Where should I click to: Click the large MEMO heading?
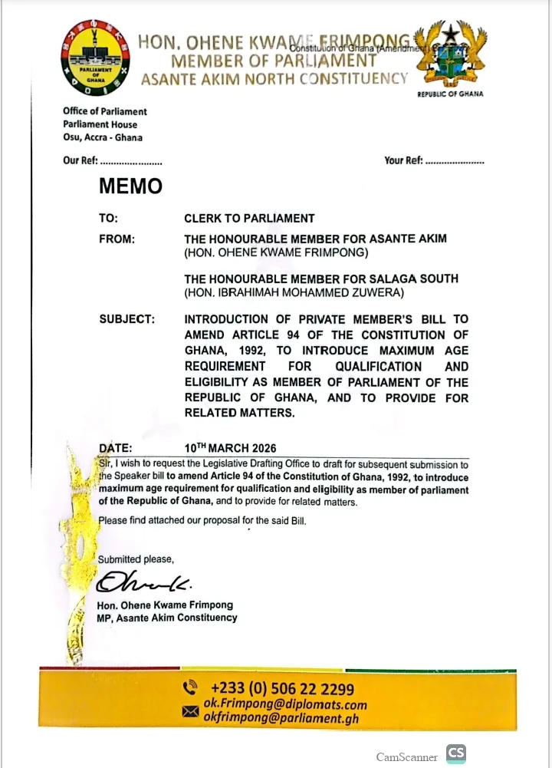130,186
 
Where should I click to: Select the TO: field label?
108,219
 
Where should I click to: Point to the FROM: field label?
117,239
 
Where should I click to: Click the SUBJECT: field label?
127,319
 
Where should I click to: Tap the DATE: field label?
116,448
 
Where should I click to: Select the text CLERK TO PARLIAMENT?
249,219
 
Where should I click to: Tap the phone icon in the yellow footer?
189,687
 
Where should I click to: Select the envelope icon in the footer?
189,711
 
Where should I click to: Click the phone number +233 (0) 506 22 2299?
282,688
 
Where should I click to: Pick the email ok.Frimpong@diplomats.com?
284,704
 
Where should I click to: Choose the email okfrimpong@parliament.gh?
281,719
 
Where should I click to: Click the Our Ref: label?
80,161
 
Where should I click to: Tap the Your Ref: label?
403,161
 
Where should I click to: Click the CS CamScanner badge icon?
456,754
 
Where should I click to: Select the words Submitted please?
136,559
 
